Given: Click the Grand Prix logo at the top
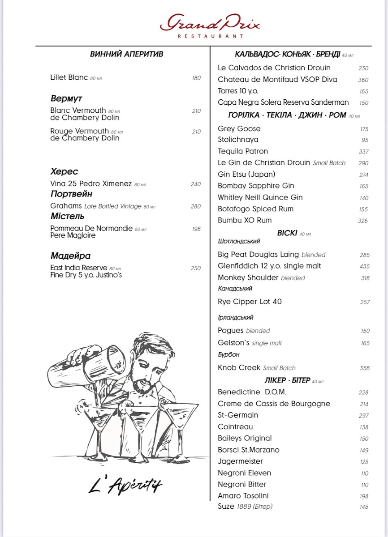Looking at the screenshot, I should [x=210, y=24].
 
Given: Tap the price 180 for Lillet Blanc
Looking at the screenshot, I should [x=196, y=78].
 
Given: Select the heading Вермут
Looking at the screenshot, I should [x=66, y=98].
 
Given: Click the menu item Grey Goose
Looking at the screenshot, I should [x=239, y=129].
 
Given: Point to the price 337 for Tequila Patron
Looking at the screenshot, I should [x=364, y=152].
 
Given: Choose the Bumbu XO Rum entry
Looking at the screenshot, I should [x=245, y=220].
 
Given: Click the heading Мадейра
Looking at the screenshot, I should [x=70, y=256].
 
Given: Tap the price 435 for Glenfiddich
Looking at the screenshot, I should [x=364, y=266].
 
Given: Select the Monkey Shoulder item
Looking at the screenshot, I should [x=248, y=277].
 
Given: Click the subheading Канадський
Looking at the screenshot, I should [x=235, y=289].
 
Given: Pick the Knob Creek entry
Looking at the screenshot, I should [x=239, y=368].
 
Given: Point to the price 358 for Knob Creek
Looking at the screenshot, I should [x=364, y=368].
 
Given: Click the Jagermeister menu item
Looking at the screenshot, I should [x=240, y=461].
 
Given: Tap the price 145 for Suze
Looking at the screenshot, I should [x=364, y=507].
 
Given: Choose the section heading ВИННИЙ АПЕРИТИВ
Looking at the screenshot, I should [x=126, y=54].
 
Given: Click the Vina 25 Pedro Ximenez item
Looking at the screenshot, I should [x=91, y=184].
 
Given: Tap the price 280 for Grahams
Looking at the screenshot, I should [x=196, y=206].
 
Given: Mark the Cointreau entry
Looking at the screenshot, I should [x=235, y=427].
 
